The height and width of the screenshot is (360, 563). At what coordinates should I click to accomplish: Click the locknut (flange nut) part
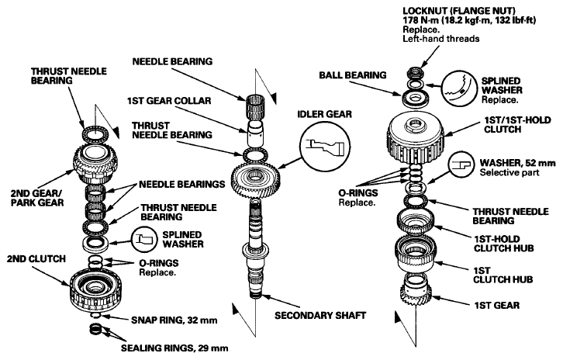pos(416,73)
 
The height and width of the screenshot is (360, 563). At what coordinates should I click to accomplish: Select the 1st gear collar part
pos(256,133)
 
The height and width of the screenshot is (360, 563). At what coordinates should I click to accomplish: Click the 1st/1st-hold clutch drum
pos(416,137)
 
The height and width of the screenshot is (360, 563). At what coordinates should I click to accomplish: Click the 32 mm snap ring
pos(96,316)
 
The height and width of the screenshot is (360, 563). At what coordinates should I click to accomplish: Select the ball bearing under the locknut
pos(415,98)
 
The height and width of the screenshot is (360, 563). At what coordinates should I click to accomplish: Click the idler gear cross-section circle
pos(325,146)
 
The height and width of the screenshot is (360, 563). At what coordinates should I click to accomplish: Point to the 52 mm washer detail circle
pos(462,165)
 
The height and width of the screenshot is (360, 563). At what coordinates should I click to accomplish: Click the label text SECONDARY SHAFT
pos(320,316)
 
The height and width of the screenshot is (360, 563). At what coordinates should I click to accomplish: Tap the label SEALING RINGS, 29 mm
pos(174,348)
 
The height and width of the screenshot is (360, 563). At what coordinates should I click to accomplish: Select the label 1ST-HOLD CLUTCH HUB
pos(503,244)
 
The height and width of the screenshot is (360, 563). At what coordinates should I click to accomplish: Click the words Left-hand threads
pos(441,39)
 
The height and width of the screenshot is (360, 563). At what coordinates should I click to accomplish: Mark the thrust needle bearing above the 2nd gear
pos(95,134)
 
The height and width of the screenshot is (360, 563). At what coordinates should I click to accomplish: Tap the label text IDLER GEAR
pos(325,114)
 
